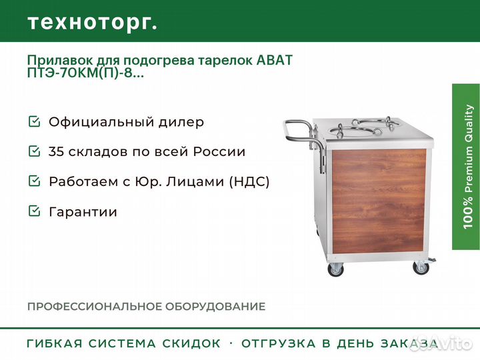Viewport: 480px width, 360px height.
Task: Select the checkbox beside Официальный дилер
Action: click(34, 121)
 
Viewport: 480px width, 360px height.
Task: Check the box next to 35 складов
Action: click(34, 151)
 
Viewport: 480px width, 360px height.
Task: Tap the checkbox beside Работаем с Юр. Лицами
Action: click(34, 181)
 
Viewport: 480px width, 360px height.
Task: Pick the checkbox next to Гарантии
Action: click(34, 211)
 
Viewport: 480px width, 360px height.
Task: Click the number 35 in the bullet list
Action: click(56, 151)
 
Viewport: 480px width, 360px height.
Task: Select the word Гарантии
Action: click(83, 212)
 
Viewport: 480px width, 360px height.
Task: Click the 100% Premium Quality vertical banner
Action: click(466, 167)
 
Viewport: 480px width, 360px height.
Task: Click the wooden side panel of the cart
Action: click(379, 201)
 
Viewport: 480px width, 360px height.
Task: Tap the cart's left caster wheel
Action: click(335, 270)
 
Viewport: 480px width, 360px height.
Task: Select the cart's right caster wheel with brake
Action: click(421, 267)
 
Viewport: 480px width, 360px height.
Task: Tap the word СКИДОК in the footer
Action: click(191, 343)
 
